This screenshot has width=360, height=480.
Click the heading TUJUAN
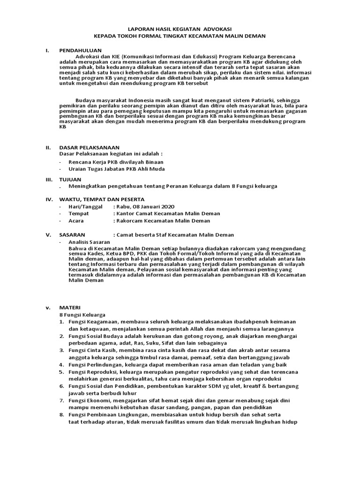[70, 180]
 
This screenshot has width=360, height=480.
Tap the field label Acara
[76, 221]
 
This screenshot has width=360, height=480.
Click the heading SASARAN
[72, 235]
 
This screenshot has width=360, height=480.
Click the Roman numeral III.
[48, 180]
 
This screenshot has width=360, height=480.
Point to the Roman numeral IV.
[49, 199]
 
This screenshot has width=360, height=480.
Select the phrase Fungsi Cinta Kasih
[93, 350]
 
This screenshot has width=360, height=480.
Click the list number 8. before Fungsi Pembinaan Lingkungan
[62, 415]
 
